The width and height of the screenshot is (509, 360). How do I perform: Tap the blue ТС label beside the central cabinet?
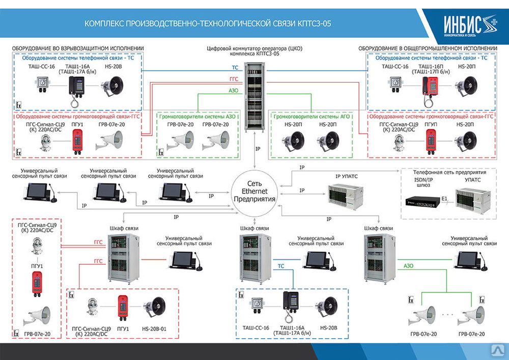click(x=235, y=68)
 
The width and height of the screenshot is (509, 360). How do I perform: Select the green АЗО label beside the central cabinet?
click(x=234, y=92)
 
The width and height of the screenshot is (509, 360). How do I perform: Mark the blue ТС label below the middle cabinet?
click(x=281, y=266)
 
